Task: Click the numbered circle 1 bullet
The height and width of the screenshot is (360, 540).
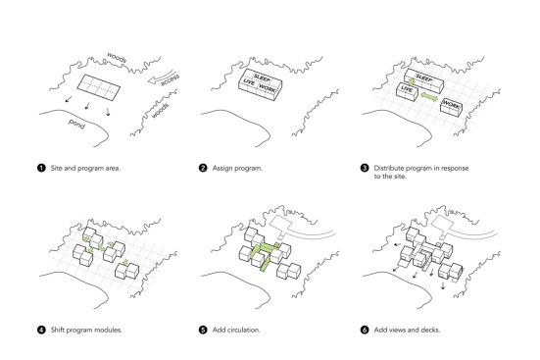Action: click(x=41, y=169)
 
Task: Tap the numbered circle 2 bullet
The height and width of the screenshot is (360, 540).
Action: click(x=203, y=169)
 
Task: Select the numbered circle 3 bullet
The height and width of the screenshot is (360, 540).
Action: click(x=365, y=169)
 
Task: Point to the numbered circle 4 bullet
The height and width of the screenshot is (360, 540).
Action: click(x=41, y=330)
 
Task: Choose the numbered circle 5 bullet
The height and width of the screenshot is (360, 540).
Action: click(x=203, y=330)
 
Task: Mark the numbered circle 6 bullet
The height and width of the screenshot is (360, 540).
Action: click(x=365, y=330)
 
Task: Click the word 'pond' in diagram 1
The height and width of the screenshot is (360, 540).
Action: click(x=76, y=124)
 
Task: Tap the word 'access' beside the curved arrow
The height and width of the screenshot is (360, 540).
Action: click(x=171, y=79)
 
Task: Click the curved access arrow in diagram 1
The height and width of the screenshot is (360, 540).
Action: click(x=161, y=77)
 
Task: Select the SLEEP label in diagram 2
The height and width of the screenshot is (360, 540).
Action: click(x=262, y=77)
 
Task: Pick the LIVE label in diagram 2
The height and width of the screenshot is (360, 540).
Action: click(x=249, y=82)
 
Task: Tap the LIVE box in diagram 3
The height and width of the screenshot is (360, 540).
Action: click(x=407, y=91)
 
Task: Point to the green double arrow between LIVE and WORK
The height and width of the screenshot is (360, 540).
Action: click(x=429, y=97)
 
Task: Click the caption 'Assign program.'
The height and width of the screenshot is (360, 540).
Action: click(x=237, y=169)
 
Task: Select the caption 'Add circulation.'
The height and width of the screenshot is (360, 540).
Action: click(x=236, y=330)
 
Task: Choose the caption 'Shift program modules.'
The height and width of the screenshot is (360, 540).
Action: click(x=86, y=330)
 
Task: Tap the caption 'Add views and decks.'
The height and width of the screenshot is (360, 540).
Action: click(x=407, y=330)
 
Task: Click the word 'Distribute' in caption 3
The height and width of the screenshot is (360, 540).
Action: click(x=388, y=169)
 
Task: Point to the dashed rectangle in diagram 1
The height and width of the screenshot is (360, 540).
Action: click(x=99, y=87)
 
